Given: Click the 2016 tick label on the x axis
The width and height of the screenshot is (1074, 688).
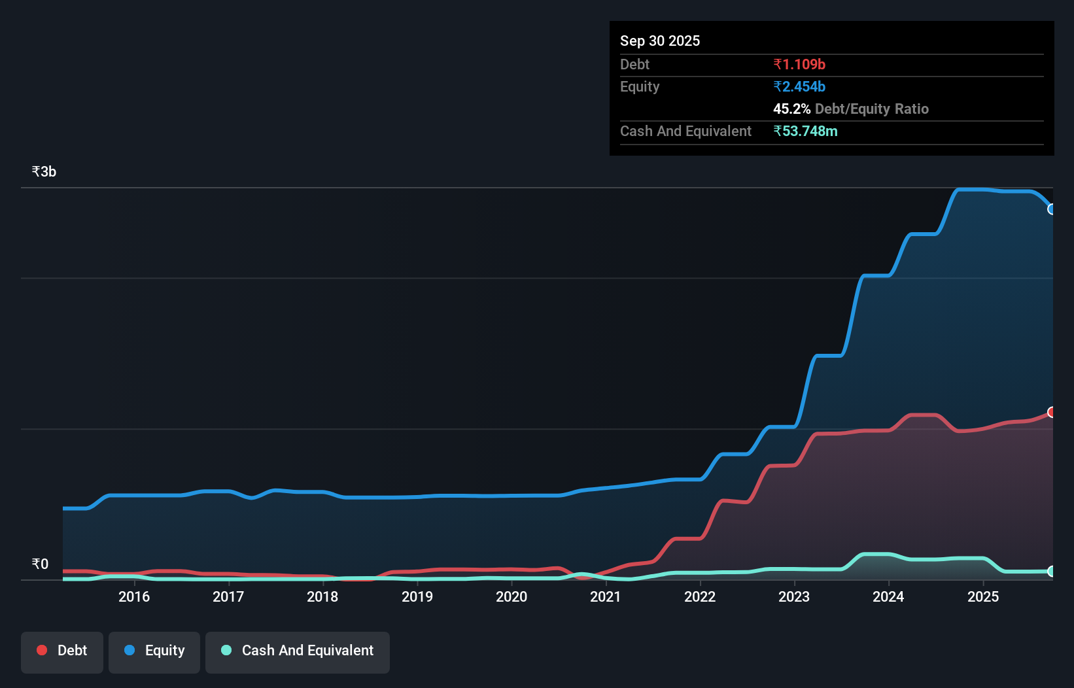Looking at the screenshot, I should (134, 596).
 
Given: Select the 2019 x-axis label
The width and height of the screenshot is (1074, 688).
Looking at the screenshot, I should (417, 596).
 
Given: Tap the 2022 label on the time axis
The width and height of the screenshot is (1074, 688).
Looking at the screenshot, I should (700, 596).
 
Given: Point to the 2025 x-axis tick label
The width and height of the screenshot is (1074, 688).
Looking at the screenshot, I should (983, 596).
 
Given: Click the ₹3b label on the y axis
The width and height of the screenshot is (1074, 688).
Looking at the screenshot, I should (44, 172).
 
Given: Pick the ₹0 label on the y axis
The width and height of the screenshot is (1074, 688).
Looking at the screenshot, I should (40, 564).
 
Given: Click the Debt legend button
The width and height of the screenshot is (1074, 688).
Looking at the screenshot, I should (62, 651).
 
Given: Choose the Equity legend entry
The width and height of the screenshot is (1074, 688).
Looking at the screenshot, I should (154, 651).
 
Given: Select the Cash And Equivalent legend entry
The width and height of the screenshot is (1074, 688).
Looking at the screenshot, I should (298, 651).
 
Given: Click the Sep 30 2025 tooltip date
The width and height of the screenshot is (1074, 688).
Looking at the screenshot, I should (660, 41).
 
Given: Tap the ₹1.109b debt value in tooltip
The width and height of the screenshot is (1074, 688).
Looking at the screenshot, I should (799, 64).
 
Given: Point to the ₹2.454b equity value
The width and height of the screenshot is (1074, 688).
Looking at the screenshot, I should (799, 86).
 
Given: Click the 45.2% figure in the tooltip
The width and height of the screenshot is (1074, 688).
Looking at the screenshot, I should (791, 109).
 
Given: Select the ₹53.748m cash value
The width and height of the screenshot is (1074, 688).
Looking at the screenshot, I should (805, 131).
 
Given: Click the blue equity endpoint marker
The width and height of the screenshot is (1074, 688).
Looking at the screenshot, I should (1052, 209).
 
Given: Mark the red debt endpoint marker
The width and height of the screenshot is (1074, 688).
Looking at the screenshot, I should (1052, 412).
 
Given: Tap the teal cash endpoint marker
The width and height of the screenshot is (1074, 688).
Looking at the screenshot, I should (1052, 571).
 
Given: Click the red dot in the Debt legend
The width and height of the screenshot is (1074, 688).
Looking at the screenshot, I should (42, 650).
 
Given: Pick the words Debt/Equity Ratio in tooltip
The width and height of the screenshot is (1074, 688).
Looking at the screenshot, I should (872, 109).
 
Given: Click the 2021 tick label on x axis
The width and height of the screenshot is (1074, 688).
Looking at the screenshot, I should (606, 596).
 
